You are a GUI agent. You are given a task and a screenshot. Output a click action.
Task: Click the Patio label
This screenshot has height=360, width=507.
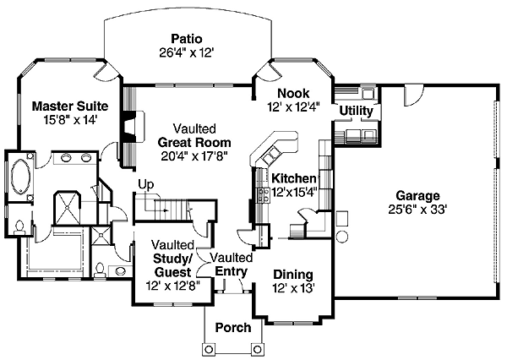(x=185, y=38)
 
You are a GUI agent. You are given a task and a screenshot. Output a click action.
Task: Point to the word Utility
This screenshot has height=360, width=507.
(x=356, y=111)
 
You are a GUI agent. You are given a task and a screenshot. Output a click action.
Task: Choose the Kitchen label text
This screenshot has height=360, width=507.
(x=293, y=179)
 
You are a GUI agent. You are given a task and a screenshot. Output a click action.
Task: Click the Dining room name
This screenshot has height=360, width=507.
(x=293, y=275)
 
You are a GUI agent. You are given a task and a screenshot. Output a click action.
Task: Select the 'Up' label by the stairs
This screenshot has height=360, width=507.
(x=145, y=183)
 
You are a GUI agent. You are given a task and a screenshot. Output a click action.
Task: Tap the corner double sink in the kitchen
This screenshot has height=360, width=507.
(x=269, y=153)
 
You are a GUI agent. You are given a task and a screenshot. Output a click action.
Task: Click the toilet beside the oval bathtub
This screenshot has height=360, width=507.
(x=19, y=226)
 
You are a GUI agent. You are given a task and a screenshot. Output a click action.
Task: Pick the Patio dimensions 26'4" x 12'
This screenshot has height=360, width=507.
(x=185, y=52)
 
